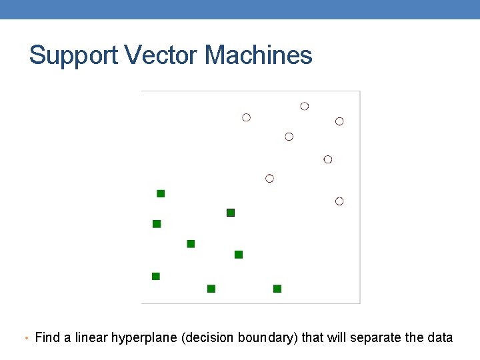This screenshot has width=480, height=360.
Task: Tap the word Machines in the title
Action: [259, 55]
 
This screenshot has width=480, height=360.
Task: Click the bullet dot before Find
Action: [25, 339]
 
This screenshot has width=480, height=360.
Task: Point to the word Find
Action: [47, 337]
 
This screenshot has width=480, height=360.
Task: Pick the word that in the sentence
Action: [312, 337]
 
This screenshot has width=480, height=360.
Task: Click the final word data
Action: [440, 337]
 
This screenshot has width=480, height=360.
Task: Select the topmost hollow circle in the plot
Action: [305, 106]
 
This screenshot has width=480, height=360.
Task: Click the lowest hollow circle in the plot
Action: [339, 201]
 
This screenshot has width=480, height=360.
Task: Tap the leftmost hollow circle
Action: [246, 117]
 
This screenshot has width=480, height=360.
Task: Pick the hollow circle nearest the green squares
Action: [269, 178]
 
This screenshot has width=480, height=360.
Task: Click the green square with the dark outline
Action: [231, 213]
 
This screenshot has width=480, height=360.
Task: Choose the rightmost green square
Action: [277, 289]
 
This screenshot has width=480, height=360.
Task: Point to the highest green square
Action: [161, 193]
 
